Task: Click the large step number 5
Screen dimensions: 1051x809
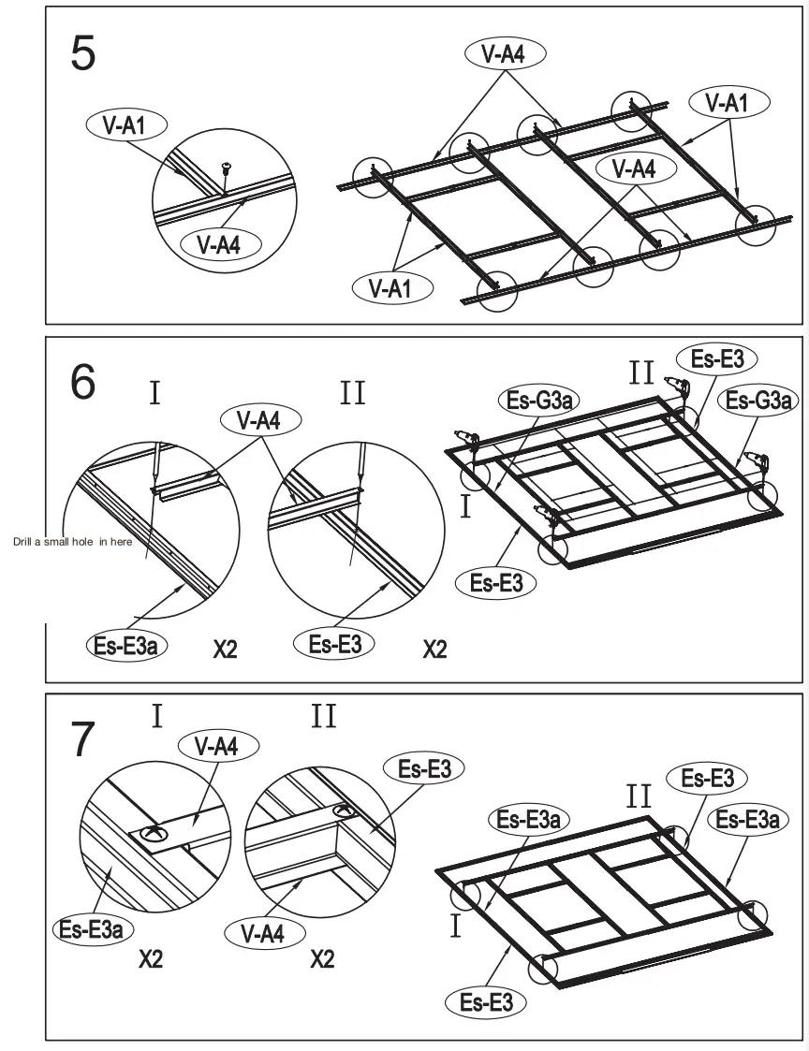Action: pyautogui.click(x=83, y=53)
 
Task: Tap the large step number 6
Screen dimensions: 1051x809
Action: pyautogui.click(x=83, y=383)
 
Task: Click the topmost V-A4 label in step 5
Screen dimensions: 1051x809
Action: pyautogui.click(x=502, y=55)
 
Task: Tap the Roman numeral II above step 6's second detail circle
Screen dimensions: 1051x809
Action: pyautogui.click(x=353, y=393)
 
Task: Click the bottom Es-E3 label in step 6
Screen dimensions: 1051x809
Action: pyautogui.click(x=496, y=582)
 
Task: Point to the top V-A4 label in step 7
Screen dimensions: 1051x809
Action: pyautogui.click(x=218, y=746)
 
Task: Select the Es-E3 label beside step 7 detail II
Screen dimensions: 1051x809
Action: pyautogui.click(x=424, y=769)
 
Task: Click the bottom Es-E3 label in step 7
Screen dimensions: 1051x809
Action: pyautogui.click(x=486, y=1003)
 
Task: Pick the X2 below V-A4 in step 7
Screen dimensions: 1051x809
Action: pyautogui.click(x=321, y=959)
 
